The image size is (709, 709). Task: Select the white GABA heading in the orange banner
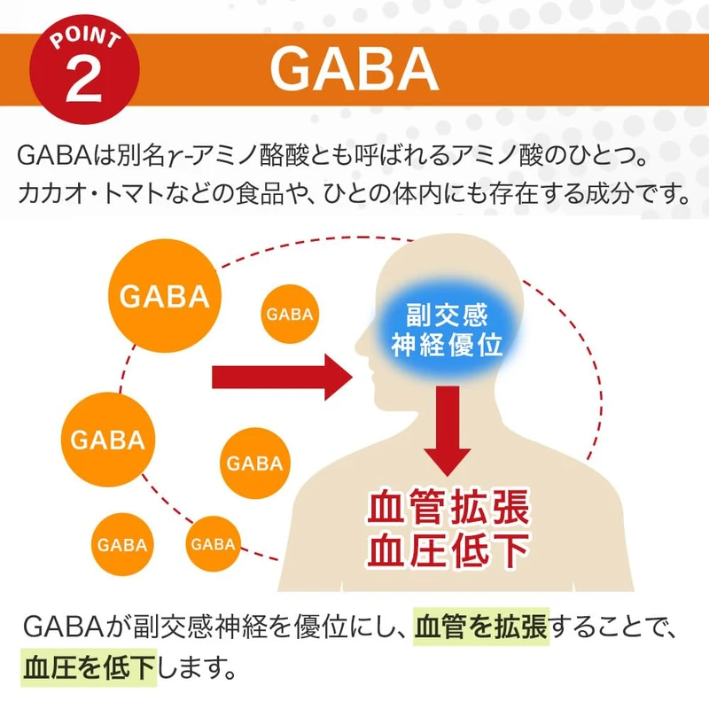click(354, 68)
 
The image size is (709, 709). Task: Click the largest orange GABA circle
click(164, 296)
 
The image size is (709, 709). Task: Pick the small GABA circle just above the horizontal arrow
click(290, 315)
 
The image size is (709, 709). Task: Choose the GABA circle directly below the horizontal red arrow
click(254, 463)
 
